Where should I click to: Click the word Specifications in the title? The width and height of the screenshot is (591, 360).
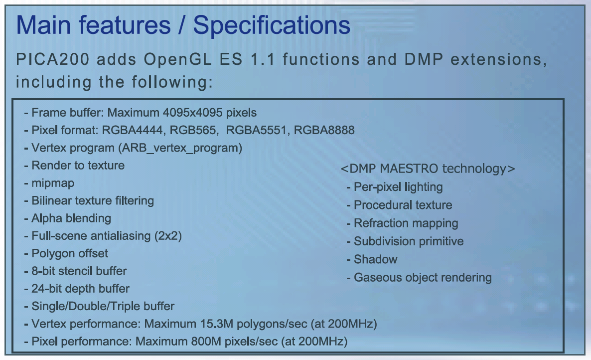coord(272,26)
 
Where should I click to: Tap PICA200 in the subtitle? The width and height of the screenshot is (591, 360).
coord(53,59)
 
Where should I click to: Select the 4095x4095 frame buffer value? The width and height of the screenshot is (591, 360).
coord(193,113)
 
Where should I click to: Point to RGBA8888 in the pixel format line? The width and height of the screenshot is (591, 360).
coord(324,130)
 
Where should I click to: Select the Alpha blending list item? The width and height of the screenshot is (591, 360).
coord(71,218)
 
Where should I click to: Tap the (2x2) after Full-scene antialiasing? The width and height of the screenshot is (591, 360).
coord(168,236)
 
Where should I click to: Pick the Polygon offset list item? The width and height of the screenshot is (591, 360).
coord(70,253)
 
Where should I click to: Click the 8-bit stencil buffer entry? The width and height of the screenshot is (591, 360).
coord(79,271)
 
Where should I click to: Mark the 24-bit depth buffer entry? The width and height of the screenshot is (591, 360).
coord(80,289)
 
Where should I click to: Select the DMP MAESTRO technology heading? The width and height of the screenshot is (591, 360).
coord(428,169)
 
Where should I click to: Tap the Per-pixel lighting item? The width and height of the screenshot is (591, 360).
coord(398,187)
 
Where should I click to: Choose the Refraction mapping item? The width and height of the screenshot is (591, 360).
coord(406,223)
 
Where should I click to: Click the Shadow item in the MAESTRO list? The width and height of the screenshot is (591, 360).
coord(375,259)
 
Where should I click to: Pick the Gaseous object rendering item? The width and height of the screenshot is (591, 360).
coord(423,277)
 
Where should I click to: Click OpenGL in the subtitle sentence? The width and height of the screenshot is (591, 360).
coord(177,60)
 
